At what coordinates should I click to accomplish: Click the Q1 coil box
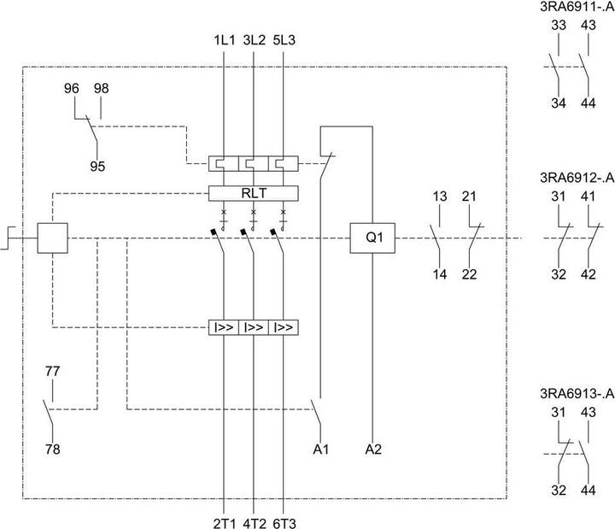pos(372,239)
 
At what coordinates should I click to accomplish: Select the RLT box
pos(253,192)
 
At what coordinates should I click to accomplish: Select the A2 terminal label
pos(373,447)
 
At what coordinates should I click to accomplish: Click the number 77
pos(53,372)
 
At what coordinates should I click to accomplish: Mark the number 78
pos(53,448)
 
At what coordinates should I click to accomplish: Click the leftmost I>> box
pos(223,326)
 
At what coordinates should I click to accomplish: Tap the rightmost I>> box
pos(284,326)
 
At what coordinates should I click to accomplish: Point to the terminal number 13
pos(439,197)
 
